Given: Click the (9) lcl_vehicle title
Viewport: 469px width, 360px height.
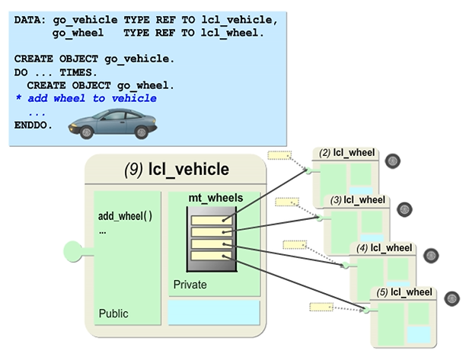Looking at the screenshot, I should (176, 170).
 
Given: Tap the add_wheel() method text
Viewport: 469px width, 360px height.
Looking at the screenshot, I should (125, 215).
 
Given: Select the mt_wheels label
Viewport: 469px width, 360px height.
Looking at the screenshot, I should (215, 198).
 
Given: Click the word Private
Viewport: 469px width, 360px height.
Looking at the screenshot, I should (190, 285).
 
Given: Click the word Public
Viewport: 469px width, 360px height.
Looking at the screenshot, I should (113, 314).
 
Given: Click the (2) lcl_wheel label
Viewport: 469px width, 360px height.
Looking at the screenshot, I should (348, 153).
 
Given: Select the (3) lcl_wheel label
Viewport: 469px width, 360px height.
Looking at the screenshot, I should (360, 200).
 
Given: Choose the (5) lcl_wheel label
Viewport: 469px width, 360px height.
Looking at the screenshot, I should (404, 292).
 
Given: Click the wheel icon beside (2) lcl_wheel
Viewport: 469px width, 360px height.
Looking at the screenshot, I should (393, 161).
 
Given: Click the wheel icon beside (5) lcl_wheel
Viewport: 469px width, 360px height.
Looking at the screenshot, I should (451, 298).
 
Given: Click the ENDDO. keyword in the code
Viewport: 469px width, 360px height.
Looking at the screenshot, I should (34, 124).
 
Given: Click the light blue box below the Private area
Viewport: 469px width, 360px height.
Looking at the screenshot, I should (213, 312).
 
